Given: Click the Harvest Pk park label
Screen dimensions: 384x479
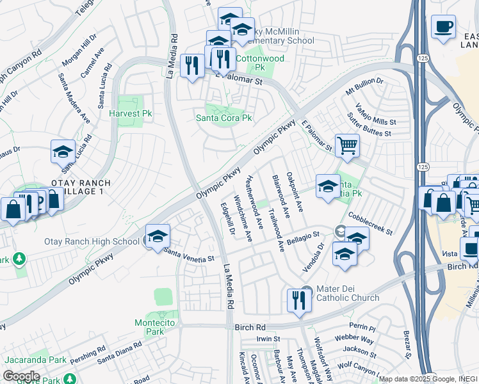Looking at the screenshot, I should [x=130, y=113].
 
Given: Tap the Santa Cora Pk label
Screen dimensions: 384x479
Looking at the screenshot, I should [x=224, y=118].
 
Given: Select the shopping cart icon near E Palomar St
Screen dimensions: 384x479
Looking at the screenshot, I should [x=347, y=145].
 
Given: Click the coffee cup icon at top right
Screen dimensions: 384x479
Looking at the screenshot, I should [x=443, y=28].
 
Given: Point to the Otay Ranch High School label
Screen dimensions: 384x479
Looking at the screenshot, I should [x=92, y=241].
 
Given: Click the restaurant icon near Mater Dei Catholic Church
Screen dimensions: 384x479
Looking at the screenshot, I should [x=298, y=300].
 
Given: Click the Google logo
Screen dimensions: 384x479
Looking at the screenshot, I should [x=21, y=376].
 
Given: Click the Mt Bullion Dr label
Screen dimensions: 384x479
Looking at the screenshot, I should [x=364, y=82].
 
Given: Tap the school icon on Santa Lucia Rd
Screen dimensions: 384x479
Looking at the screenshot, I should [x=63, y=152].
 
